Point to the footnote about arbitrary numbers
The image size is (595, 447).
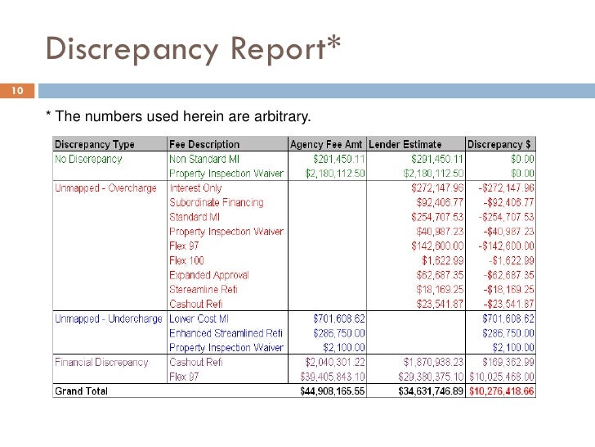pos(178,114)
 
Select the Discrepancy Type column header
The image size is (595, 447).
pos(95,144)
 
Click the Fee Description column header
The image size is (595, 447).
pos(204,144)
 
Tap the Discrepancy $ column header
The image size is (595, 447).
pos(500,144)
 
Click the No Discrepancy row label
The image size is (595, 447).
pos(87,159)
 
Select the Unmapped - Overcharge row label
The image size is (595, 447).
pos(105,188)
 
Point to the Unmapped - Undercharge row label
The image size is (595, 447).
pos(108,318)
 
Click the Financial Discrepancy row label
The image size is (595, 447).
pos(101,362)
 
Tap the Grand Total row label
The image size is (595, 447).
pos(81,391)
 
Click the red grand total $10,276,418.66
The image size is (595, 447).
pos(500,392)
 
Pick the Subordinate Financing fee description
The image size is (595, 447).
pos(217,203)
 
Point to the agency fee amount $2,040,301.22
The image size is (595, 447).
pos(330,362)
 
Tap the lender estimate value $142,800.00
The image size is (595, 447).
pos(437,246)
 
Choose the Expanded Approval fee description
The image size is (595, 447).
pos(209,275)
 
